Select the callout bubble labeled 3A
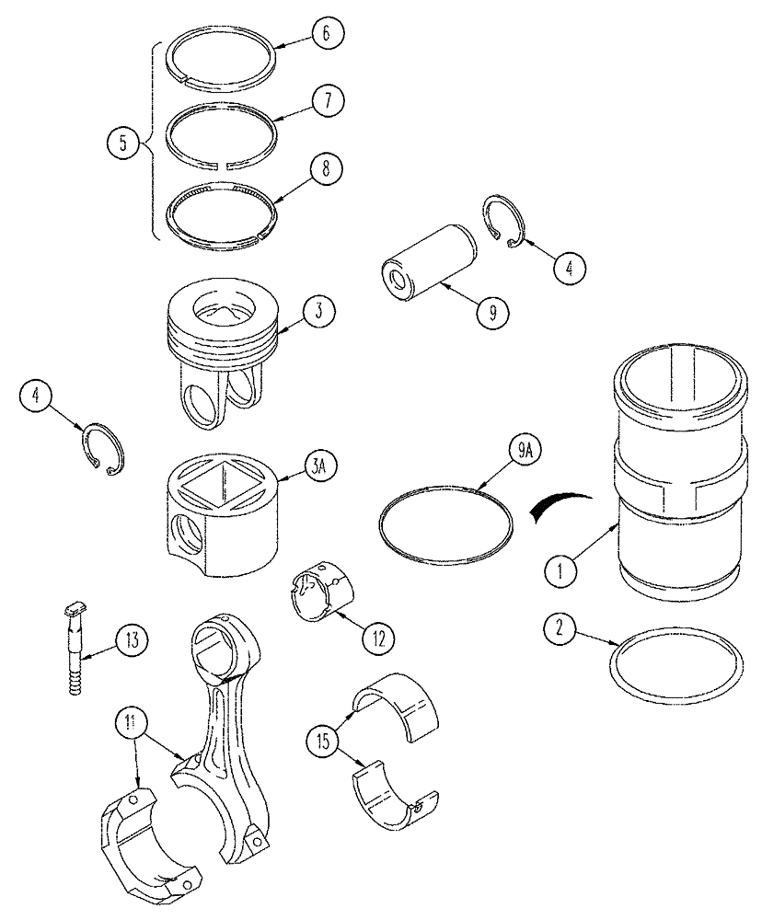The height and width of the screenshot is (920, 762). (x=316, y=468)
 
